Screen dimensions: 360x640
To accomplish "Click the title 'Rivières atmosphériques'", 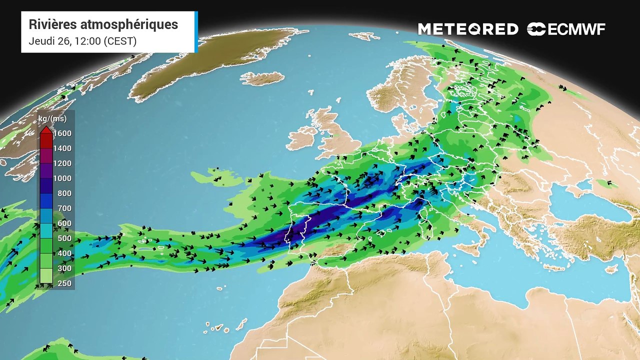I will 103,24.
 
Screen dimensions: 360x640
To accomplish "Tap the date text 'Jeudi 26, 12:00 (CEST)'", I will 82,41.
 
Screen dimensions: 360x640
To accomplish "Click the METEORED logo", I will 468,29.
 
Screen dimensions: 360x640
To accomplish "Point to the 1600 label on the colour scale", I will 62,133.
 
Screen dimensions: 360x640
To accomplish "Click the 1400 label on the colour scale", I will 62,148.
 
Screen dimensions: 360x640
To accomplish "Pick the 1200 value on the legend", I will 62,163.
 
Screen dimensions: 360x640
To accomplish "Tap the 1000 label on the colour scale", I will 62,178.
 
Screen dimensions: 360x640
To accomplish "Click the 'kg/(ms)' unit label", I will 52,119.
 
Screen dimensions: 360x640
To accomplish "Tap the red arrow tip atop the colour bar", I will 45,130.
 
